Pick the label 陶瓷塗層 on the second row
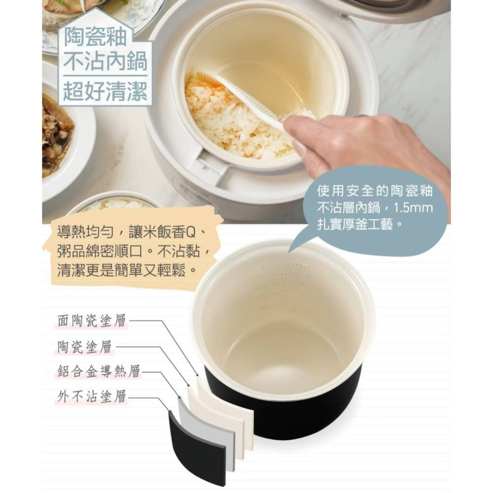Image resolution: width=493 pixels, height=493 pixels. pyautogui.click(x=84, y=347)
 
